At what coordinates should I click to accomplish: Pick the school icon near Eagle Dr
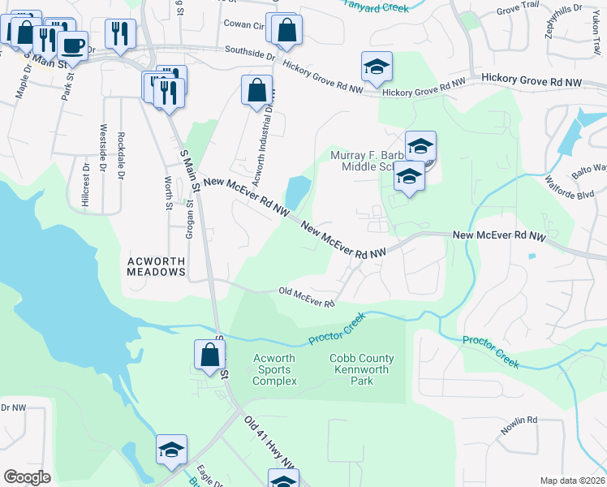pyautogui.click(x=171, y=450)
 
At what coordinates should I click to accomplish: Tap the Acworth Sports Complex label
pyautogui.click(x=275, y=369)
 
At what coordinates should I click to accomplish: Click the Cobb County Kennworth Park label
pyautogui.click(x=361, y=369)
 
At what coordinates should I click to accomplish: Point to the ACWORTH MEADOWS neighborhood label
pyautogui.click(x=157, y=266)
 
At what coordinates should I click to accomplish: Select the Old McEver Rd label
pyautogui.click(x=307, y=297)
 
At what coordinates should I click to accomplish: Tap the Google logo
pyautogui.click(x=27, y=477)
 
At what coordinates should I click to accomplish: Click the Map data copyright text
pyautogui.click(x=572, y=481)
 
